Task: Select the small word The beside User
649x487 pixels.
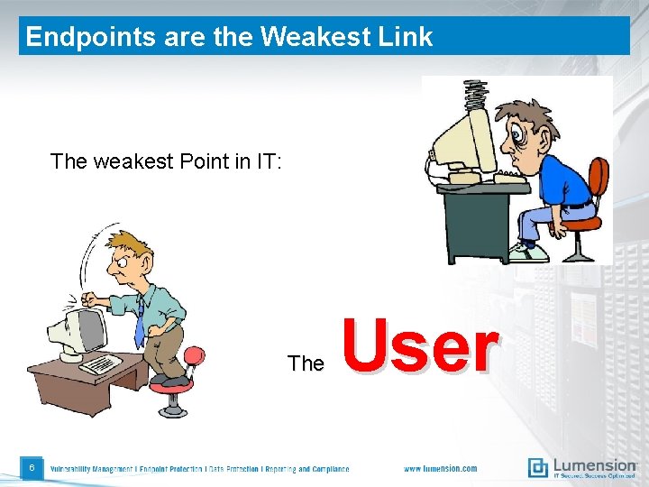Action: (x=306, y=363)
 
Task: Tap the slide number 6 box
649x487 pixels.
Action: (x=32, y=467)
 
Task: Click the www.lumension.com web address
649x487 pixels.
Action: (x=440, y=468)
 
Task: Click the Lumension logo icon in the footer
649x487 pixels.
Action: (x=538, y=467)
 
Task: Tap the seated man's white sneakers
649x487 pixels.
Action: (x=527, y=252)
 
